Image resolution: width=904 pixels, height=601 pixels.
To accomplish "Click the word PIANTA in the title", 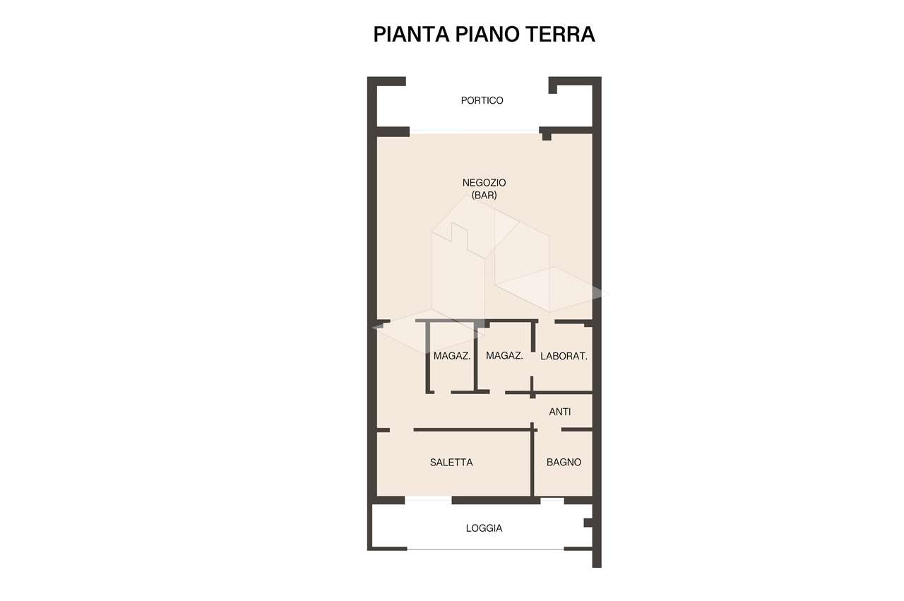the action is click(x=411, y=35).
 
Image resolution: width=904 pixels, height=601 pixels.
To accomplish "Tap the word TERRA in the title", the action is click(x=560, y=35).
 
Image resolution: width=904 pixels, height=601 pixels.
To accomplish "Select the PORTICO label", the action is click(x=482, y=100).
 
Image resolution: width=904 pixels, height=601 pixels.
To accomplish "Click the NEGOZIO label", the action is click(x=484, y=183).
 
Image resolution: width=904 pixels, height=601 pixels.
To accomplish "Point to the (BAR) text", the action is click(x=484, y=196).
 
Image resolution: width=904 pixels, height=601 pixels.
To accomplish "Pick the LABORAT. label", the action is click(x=564, y=357).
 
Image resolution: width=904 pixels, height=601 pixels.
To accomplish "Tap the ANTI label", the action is click(x=560, y=412).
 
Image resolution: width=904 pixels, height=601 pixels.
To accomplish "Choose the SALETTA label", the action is click(x=451, y=463).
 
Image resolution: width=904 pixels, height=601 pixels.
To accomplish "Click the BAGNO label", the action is click(x=564, y=463).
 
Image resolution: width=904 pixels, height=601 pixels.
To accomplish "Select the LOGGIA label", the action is click(x=484, y=528).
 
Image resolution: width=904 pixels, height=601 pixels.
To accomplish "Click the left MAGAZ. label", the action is click(x=451, y=356).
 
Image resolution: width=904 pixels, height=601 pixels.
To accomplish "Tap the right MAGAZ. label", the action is click(x=504, y=356).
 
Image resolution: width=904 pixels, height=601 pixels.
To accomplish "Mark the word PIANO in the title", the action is click(x=487, y=35).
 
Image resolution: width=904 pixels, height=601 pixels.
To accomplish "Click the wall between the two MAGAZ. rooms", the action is click(x=476, y=357).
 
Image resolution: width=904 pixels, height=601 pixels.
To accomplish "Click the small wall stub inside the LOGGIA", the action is click(x=588, y=523).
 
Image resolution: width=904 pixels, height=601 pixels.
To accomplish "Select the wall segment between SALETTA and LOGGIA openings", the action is click(x=496, y=501).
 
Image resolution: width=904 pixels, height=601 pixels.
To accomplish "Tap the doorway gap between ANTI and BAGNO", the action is click(x=549, y=430).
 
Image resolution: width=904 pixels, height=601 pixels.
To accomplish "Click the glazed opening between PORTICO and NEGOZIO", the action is click(x=475, y=131).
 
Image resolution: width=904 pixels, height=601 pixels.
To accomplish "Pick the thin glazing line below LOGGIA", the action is click(x=485, y=549).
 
